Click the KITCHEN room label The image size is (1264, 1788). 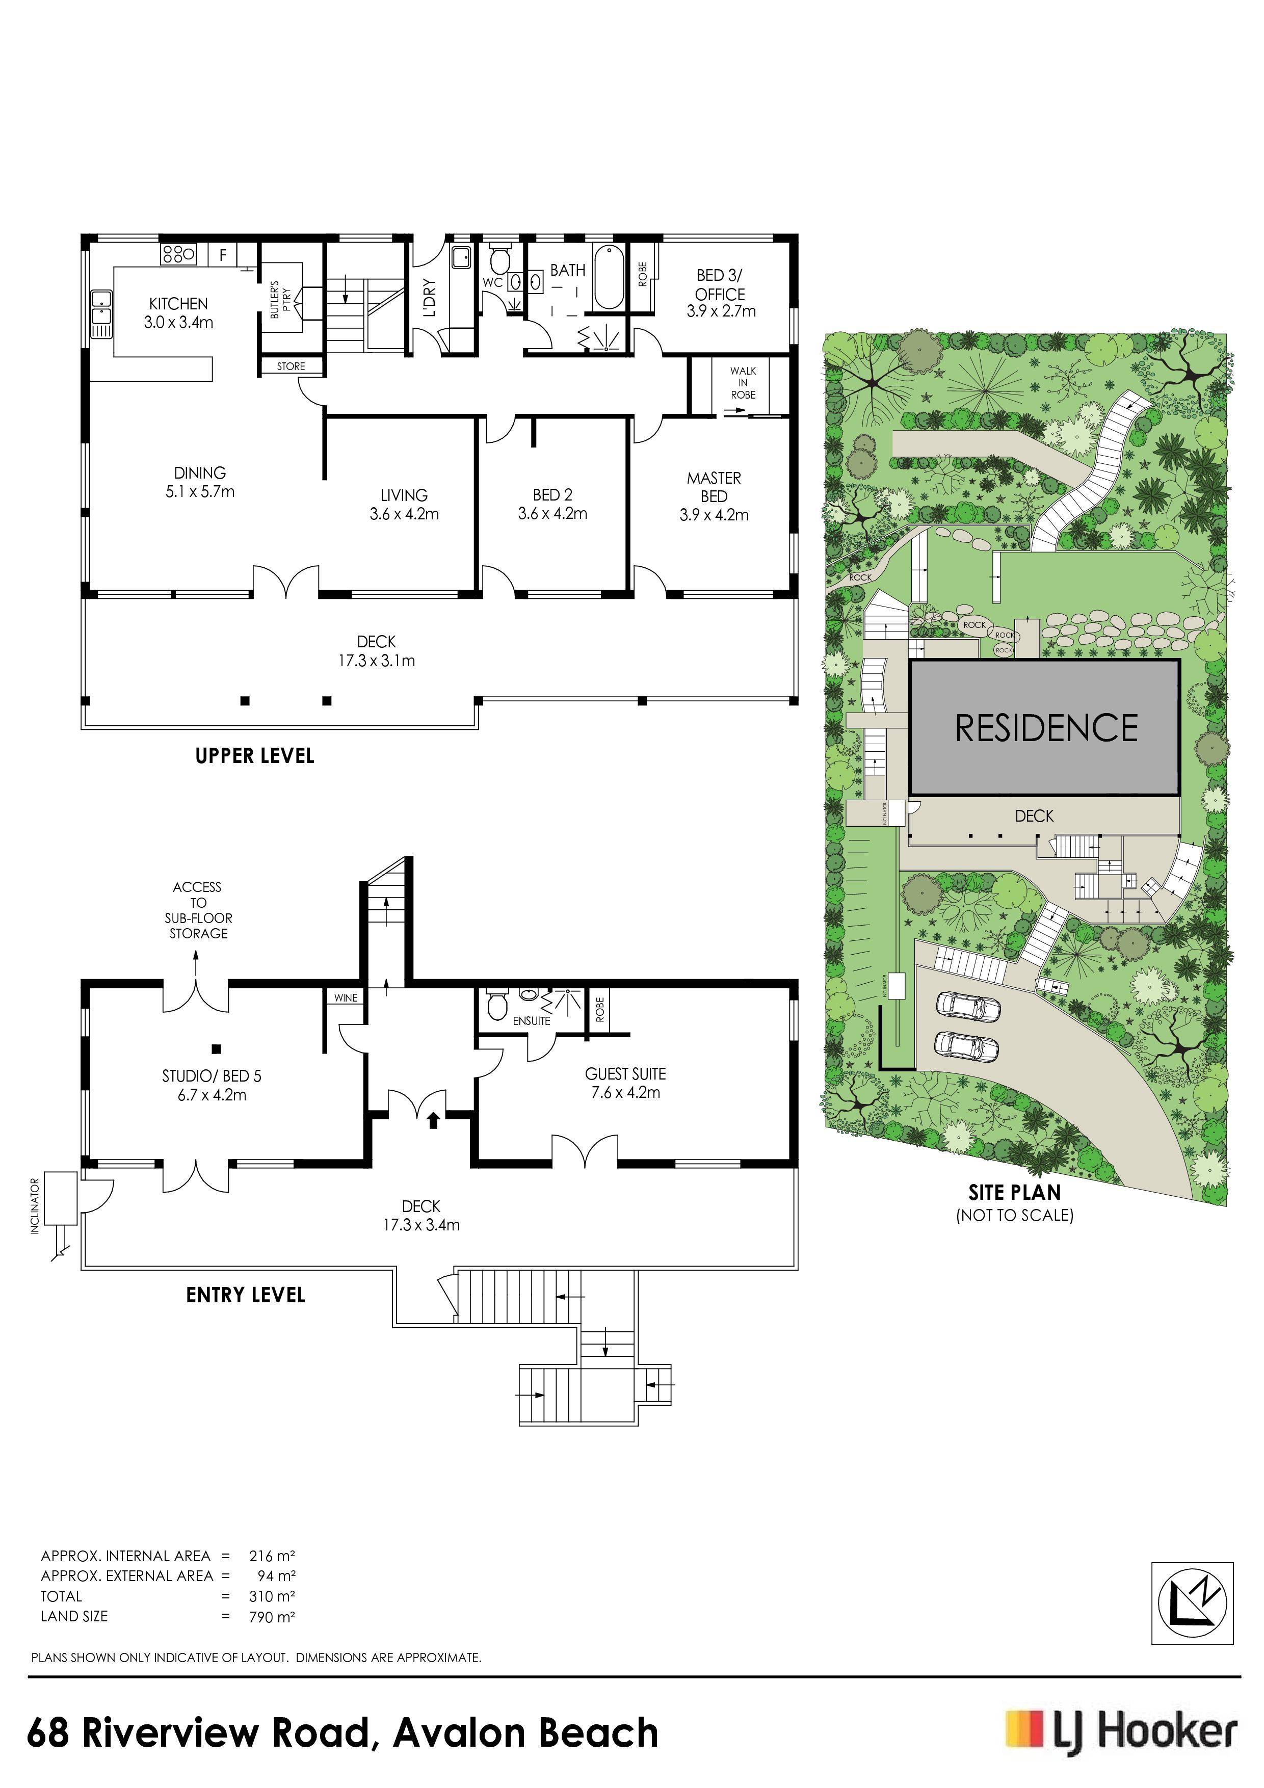point(178,304)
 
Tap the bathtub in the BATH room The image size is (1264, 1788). point(608,278)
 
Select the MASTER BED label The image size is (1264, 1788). point(714,487)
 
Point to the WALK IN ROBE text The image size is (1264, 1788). point(743,382)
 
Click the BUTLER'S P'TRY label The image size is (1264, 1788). point(280,300)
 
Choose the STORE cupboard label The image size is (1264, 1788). point(291,366)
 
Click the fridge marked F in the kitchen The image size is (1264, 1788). point(223,255)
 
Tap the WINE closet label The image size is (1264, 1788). point(346,997)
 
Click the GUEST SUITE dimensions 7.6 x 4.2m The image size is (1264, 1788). point(625,1093)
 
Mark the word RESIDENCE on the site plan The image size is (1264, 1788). point(1046,727)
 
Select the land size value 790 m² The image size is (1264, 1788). point(272,1617)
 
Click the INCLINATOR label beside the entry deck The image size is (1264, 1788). point(34,1206)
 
